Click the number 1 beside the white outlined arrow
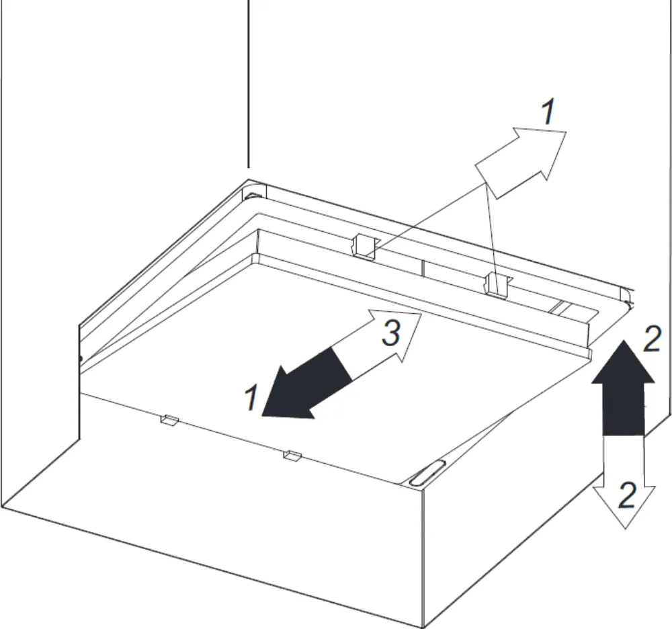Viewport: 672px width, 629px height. point(548,112)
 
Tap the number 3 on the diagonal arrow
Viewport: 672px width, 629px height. point(390,333)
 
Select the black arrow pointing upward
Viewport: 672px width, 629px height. point(623,388)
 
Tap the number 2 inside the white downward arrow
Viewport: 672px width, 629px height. point(626,495)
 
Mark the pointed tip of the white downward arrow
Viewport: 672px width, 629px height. point(626,529)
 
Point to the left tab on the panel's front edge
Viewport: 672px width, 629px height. point(169,420)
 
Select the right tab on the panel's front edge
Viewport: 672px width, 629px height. point(292,455)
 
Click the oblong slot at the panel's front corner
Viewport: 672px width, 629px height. point(427,473)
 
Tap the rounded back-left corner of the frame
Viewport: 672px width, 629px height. point(254,192)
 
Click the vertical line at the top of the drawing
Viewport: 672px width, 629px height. point(249,84)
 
